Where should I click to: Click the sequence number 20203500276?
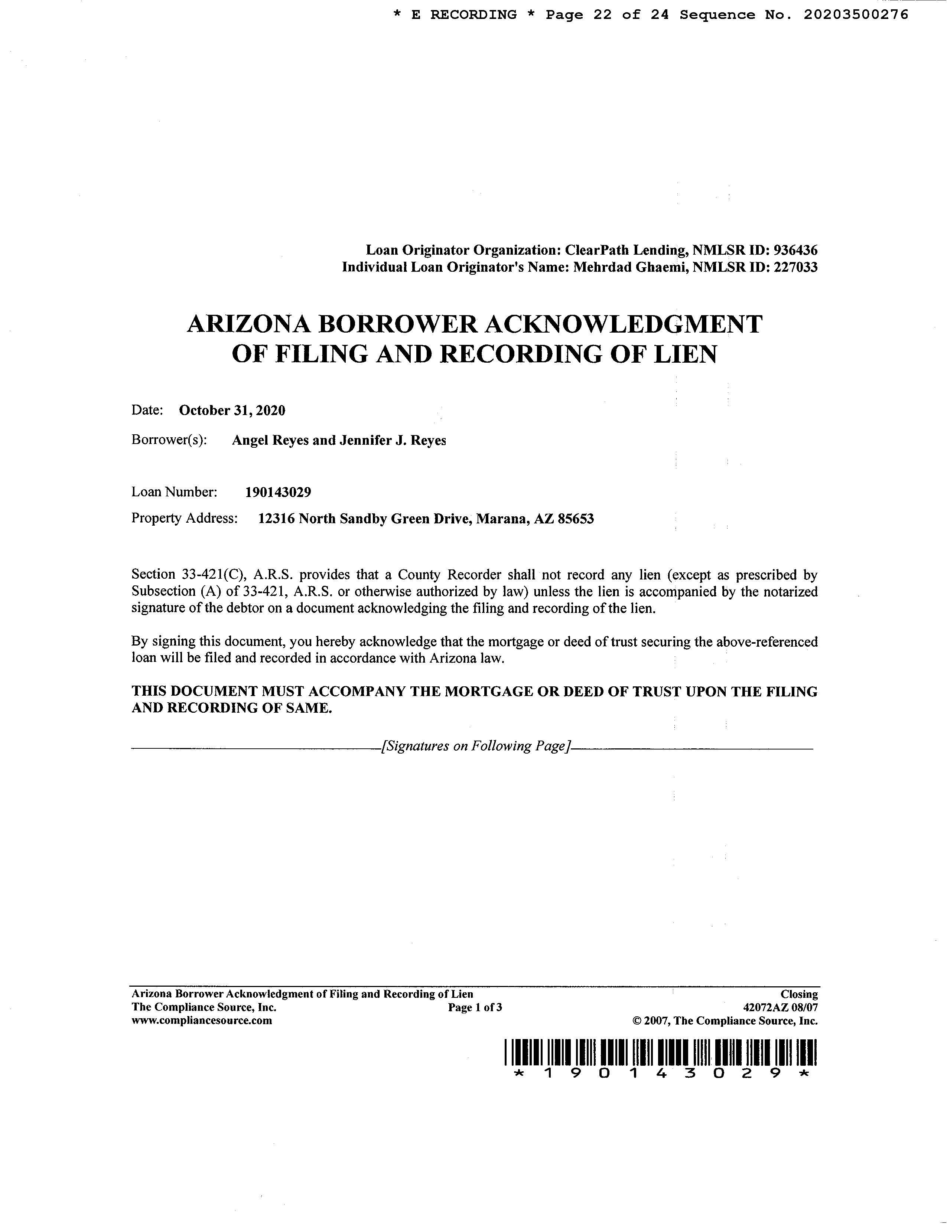click(856, 15)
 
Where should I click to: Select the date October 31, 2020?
click(232, 411)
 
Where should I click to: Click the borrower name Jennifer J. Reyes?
click(393, 440)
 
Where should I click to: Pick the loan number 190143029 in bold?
click(278, 493)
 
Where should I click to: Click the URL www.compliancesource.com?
click(201, 1021)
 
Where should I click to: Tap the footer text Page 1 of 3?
click(475, 1007)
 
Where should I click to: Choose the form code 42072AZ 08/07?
click(780, 1007)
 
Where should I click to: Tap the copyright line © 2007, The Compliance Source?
click(725, 1021)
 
